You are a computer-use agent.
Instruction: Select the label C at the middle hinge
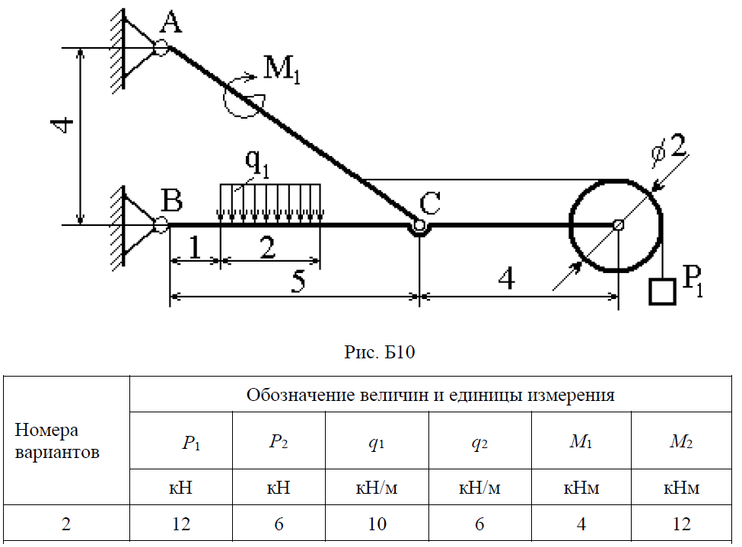[x=430, y=203]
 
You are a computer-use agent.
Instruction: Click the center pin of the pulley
[x=618, y=225]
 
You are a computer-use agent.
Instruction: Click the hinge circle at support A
[x=161, y=48]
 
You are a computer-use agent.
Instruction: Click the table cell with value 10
[x=377, y=524]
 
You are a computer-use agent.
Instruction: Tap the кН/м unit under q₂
[x=479, y=488]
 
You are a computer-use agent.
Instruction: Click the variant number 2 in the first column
[x=65, y=524]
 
